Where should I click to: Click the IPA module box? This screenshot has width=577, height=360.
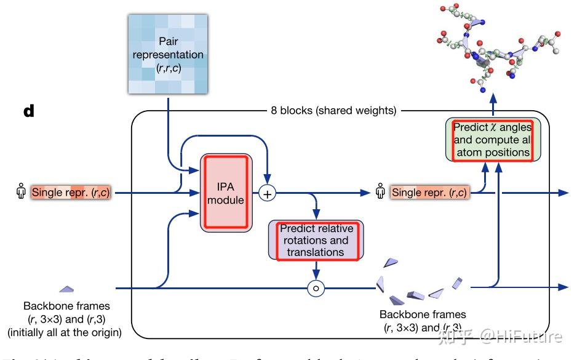(226, 192)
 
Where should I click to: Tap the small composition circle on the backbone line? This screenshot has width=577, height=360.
(316, 287)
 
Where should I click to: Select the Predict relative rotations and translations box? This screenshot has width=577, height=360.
(316, 240)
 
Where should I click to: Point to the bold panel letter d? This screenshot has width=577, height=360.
(29, 112)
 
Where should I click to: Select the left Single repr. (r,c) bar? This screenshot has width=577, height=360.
(70, 193)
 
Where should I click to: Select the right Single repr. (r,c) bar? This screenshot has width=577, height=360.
(429, 193)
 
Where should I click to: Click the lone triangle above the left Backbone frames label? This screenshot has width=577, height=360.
(66, 288)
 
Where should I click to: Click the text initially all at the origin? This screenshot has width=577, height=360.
(65, 333)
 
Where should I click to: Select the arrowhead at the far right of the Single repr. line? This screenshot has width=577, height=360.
(563, 193)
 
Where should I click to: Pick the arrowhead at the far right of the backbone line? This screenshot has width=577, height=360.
(563, 287)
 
